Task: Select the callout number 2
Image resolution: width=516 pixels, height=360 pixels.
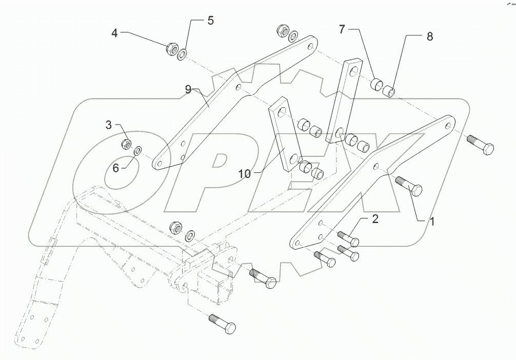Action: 375,219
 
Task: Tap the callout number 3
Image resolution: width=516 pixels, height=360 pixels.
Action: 109,125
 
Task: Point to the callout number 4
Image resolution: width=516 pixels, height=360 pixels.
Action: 114,34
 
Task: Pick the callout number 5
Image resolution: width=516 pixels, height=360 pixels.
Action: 210,21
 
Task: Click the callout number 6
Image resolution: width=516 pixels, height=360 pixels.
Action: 116,168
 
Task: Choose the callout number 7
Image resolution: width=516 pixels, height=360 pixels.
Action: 342,29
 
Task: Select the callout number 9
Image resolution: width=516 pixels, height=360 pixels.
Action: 188,90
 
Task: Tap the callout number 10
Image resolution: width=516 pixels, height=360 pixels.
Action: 244,174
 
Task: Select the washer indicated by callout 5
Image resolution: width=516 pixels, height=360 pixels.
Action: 183,53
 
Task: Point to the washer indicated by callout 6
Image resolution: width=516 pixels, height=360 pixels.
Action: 137,151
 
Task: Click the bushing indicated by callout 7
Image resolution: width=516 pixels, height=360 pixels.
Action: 378,84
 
